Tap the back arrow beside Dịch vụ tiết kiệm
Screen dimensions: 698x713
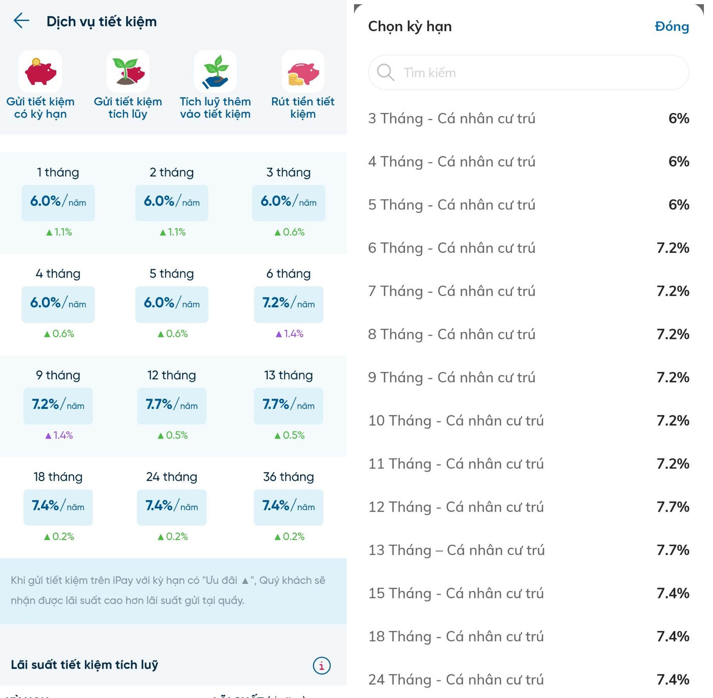(x=21, y=21)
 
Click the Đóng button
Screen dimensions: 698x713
(x=671, y=26)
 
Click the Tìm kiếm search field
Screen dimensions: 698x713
(x=529, y=72)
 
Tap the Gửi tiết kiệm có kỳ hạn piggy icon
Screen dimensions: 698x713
(x=40, y=72)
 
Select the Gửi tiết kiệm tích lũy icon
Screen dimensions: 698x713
(x=128, y=72)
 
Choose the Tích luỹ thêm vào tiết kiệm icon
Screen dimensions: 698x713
(x=215, y=72)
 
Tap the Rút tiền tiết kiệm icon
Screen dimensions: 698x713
(x=303, y=72)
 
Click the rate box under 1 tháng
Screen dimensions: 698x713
(x=58, y=202)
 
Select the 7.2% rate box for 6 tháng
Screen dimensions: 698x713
(x=289, y=304)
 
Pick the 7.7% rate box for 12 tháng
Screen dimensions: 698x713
(x=172, y=405)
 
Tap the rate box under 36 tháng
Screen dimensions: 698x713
(x=289, y=507)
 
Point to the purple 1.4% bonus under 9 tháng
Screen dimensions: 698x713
(x=59, y=435)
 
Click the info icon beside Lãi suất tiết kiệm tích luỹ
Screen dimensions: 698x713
(x=321, y=665)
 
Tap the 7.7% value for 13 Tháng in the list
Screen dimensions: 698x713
(x=672, y=550)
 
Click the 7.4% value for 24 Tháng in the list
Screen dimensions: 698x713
(x=672, y=679)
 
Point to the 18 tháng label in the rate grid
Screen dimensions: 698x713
(x=58, y=477)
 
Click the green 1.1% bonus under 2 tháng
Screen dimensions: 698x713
(x=173, y=232)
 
